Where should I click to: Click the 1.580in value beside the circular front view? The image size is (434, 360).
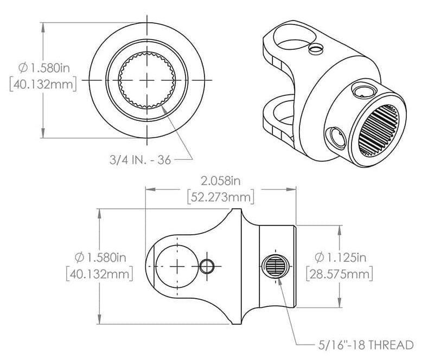click(49, 69)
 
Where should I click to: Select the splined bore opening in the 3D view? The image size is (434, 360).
click(382, 131)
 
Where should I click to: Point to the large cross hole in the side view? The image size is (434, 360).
click(177, 266)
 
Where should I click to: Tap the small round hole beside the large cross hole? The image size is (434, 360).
click(207, 266)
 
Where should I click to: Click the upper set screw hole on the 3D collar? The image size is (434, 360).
click(362, 90)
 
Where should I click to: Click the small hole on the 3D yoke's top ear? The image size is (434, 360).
click(315, 49)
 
